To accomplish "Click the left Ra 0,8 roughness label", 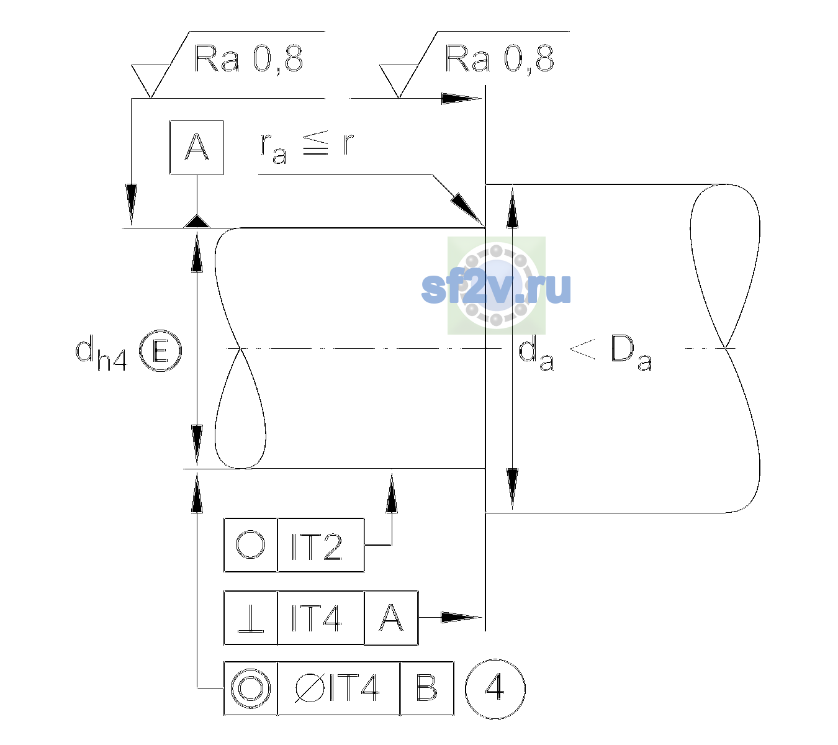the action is [x=248, y=59].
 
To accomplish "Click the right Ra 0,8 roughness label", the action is [x=499, y=59].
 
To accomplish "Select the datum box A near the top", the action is [x=197, y=148].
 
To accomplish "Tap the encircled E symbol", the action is [x=161, y=351].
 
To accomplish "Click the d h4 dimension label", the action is [x=101, y=353].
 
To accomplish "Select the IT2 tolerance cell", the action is [x=320, y=545].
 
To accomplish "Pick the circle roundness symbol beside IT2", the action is [x=250, y=545].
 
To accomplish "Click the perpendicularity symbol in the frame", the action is [x=251, y=618].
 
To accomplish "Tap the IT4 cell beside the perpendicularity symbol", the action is [x=320, y=618].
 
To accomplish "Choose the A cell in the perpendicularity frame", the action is [x=391, y=618].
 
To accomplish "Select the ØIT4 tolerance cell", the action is [x=338, y=689].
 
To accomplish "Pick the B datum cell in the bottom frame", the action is [x=427, y=689].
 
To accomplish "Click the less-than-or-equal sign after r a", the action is [x=315, y=142].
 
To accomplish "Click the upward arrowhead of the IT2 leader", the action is [x=392, y=494].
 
